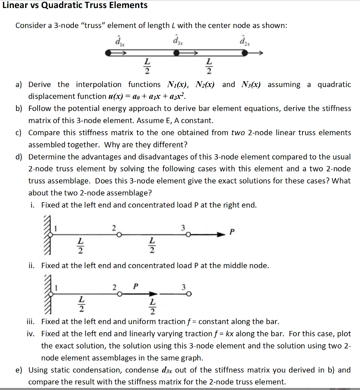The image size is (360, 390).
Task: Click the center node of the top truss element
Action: pos(176,54)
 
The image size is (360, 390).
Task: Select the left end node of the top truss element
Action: pos(109,54)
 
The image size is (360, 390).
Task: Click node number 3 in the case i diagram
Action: pos(183,228)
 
